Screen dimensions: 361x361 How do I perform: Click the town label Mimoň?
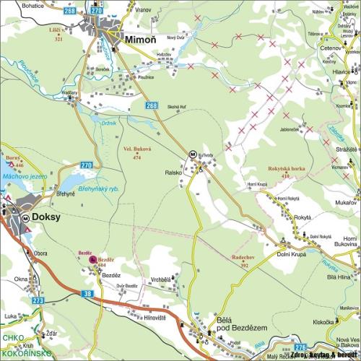point(140,40)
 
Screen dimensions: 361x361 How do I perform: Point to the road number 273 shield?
point(38,300)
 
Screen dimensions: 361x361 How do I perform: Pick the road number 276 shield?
point(300,347)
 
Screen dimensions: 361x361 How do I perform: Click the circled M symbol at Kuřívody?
point(193,154)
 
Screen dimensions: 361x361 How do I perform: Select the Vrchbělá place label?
point(162,280)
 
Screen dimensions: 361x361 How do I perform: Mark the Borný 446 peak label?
point(14,160)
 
